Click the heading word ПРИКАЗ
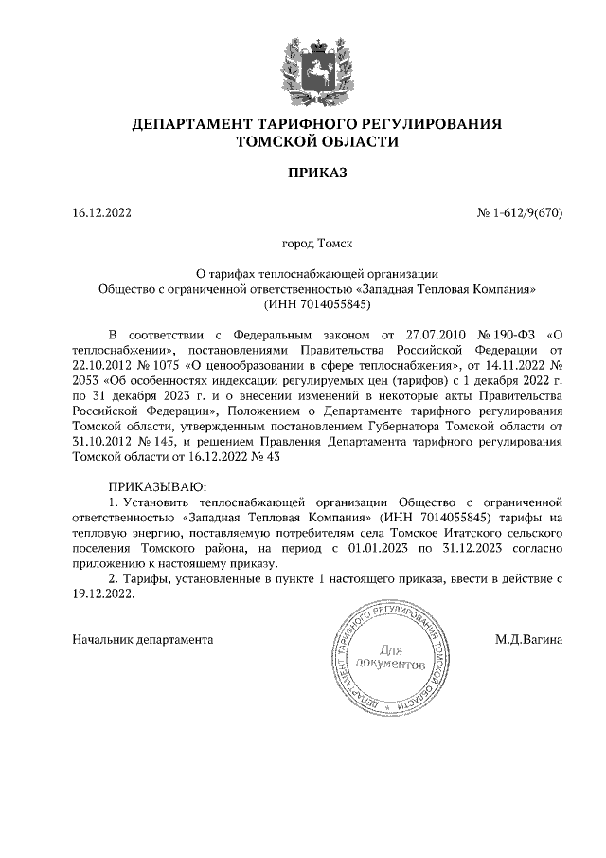317,173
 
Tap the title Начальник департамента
143,639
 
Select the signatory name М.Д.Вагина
528,639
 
